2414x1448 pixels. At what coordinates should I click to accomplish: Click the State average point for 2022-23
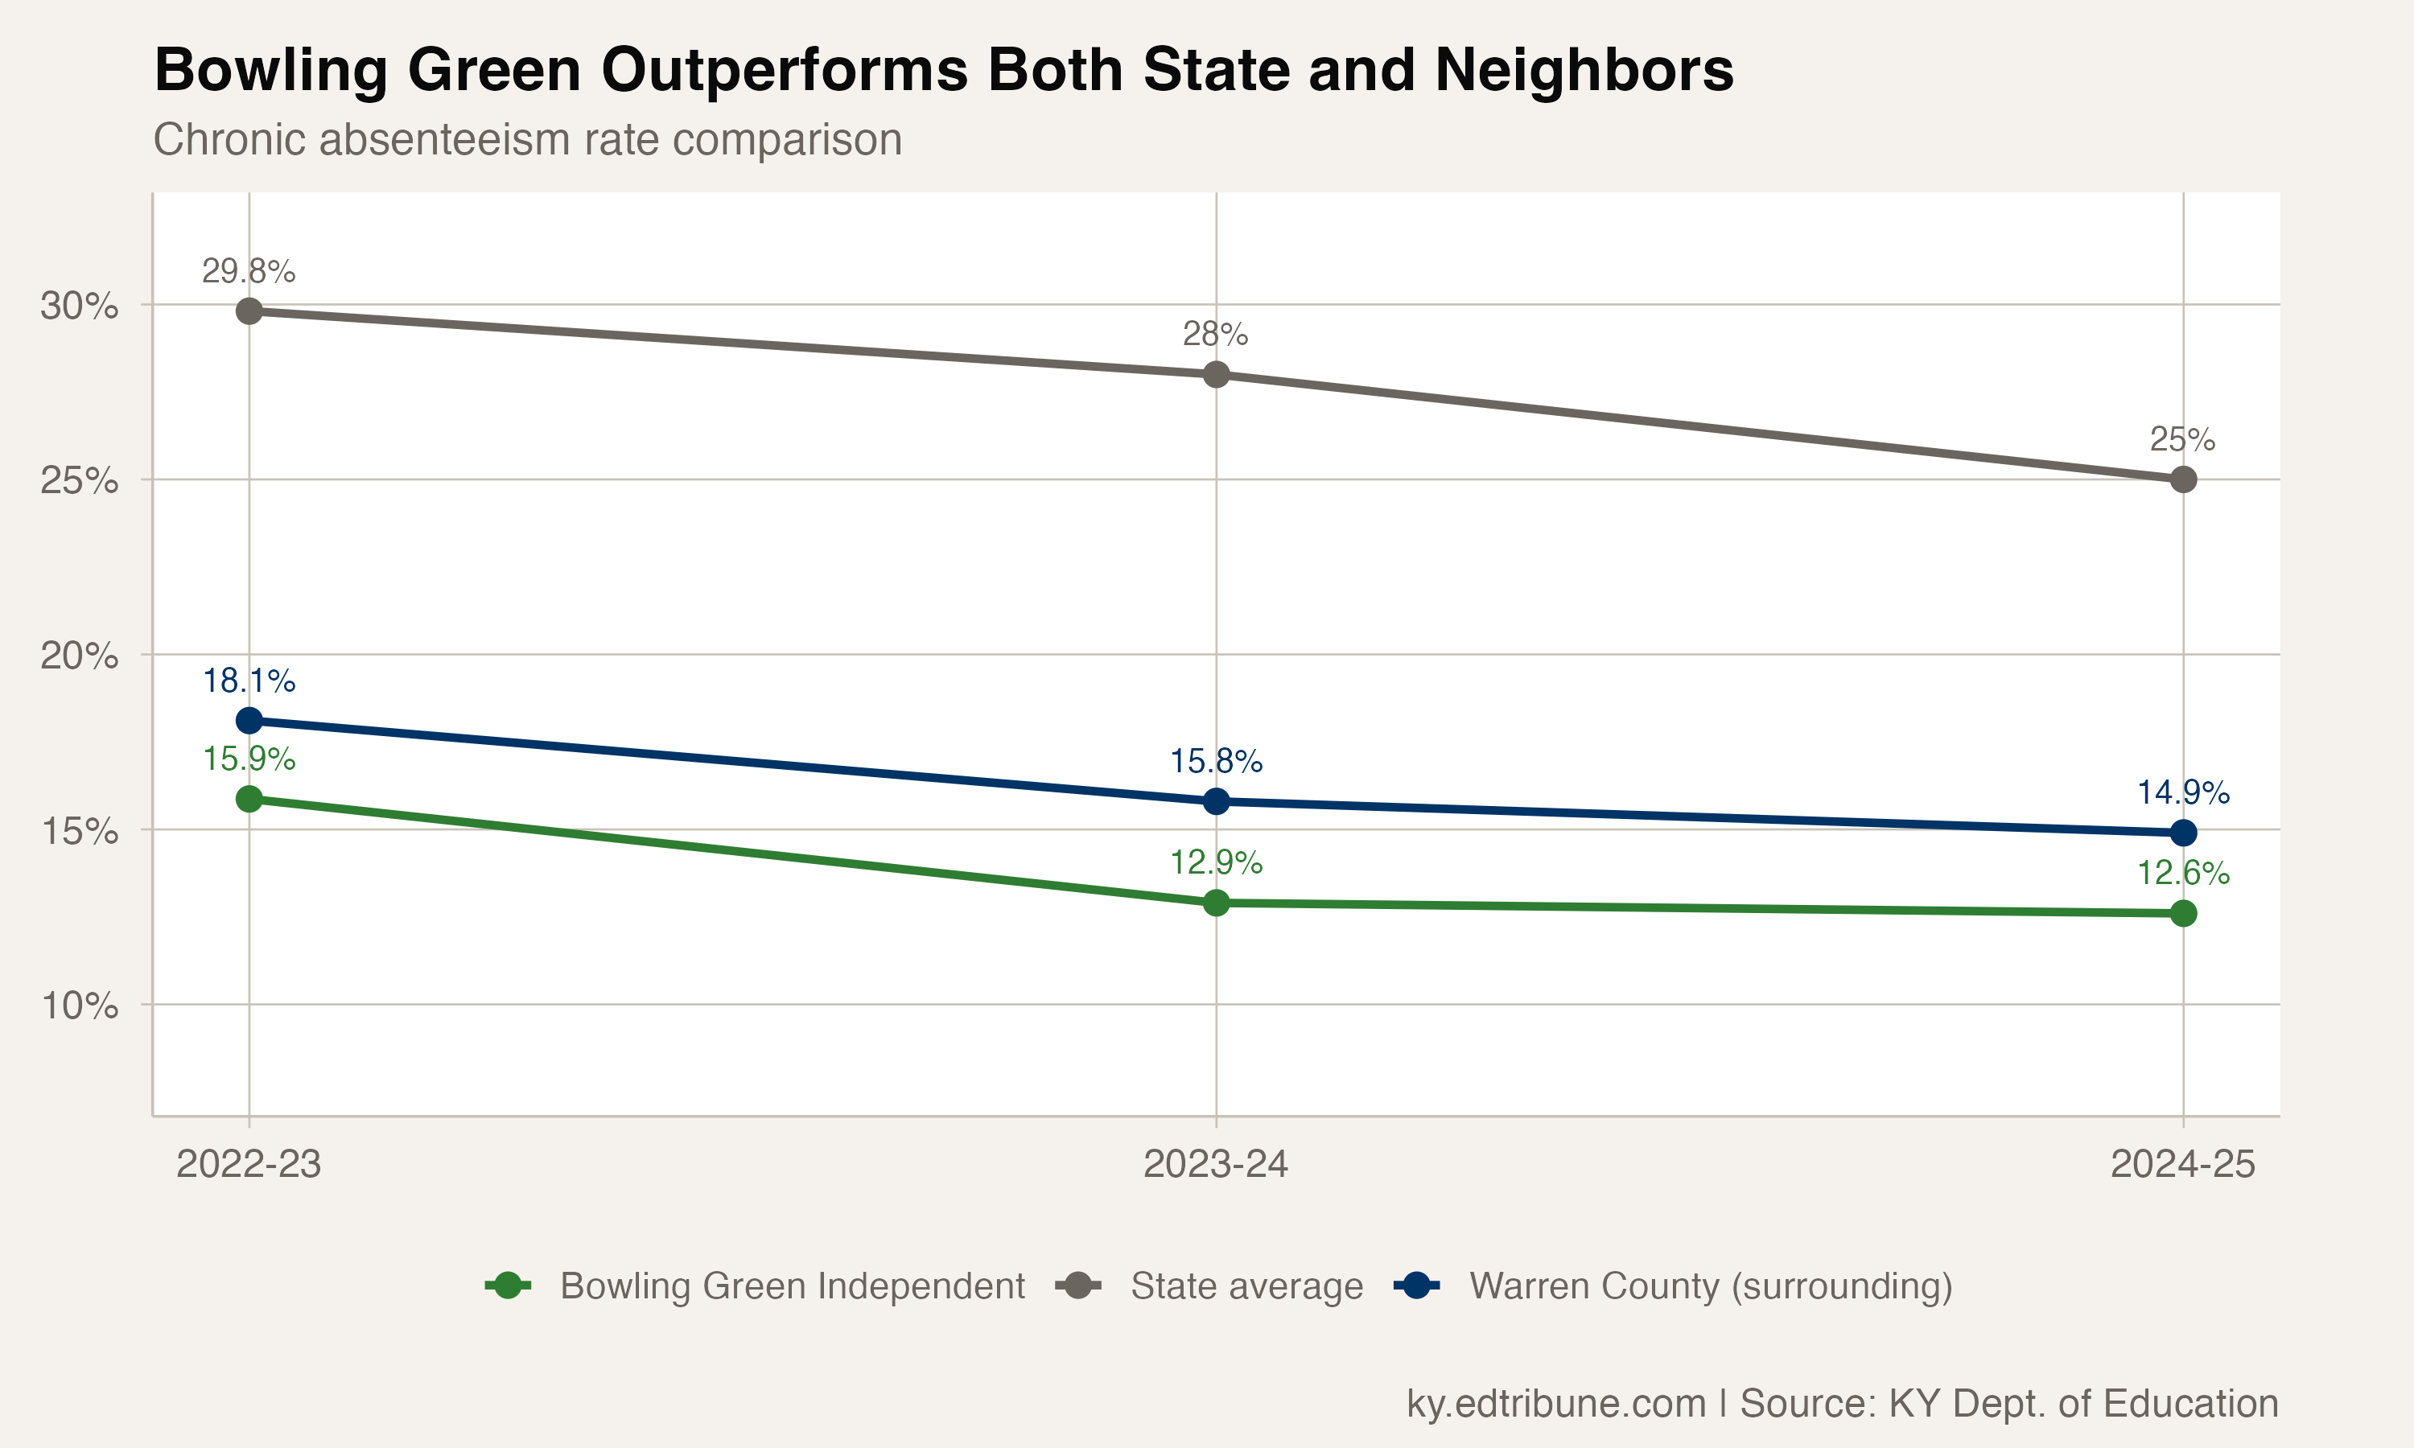[249, 311]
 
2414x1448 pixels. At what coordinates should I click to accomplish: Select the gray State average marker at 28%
[1216, 375]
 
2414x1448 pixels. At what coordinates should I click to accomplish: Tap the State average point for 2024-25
[2183, 479]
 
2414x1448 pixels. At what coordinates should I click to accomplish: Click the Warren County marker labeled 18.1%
[249, 721]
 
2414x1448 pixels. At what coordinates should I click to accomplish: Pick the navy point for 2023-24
[1216, 801]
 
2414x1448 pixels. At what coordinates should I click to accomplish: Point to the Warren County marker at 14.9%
[2183, 833]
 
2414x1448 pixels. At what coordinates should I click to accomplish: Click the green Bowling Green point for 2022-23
[249, 799]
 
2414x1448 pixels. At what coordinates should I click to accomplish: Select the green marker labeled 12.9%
[1216, 903]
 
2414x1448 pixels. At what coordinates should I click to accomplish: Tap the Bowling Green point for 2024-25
[2183, 913]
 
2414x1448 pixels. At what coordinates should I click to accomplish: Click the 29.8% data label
[249, 271]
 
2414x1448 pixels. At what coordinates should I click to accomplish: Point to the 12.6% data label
[2183, 874]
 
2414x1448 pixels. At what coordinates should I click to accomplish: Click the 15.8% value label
[1216, 761]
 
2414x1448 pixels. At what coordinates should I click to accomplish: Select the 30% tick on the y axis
[79, 306]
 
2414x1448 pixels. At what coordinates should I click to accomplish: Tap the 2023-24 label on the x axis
[1216, 1164]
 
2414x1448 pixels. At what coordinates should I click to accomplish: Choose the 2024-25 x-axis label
[2183, 1164]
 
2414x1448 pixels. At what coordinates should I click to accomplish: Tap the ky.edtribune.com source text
[1555, 1403]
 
